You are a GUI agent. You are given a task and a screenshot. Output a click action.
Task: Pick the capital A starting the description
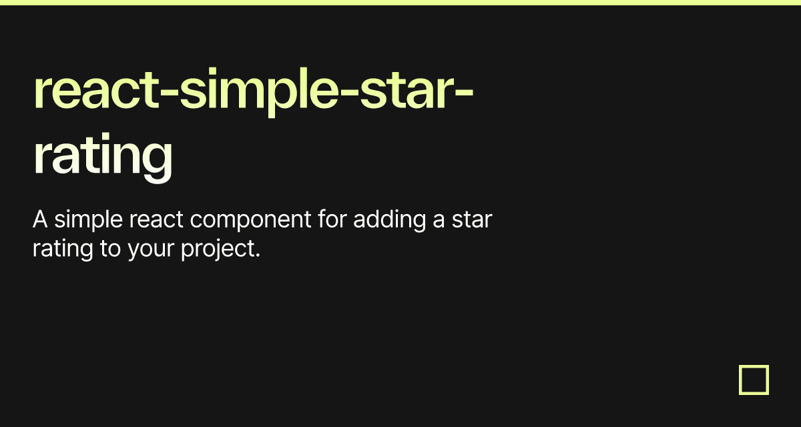point(40,219)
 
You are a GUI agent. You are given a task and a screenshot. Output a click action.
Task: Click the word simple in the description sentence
point(88,220)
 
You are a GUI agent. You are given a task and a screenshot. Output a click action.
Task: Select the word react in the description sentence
point(156,220)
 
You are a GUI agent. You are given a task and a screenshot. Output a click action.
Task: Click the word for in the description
point(332,219)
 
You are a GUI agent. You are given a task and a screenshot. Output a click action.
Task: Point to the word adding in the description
point(389,220)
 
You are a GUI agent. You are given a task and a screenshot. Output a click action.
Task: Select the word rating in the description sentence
point(63,250)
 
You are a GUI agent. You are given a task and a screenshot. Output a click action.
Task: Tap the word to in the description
point(111,250)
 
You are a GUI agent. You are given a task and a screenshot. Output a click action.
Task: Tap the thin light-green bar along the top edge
point(400,3)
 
